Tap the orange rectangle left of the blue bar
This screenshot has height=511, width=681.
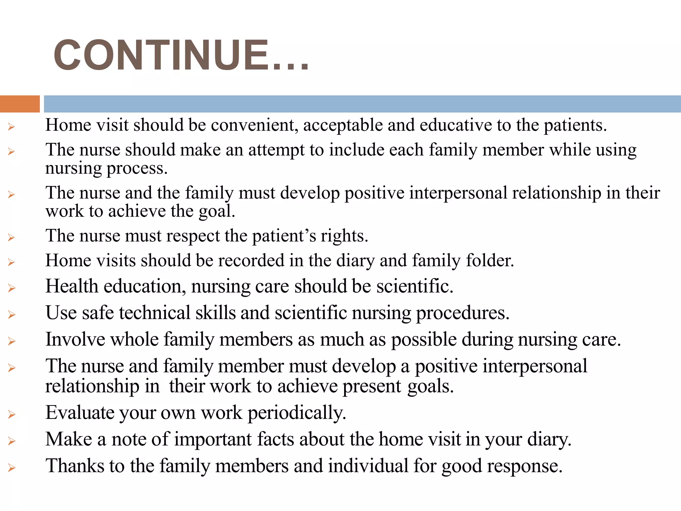pos(20,104)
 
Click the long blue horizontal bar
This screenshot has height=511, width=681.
pos(362,104)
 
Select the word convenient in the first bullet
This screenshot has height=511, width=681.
pos(254,125)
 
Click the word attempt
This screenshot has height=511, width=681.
pos(276,150)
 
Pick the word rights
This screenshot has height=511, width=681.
pos(344,236)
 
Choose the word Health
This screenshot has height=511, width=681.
pos(71,286)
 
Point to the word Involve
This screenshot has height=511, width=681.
pos(75,340)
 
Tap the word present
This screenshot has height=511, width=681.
pos(372,387)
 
